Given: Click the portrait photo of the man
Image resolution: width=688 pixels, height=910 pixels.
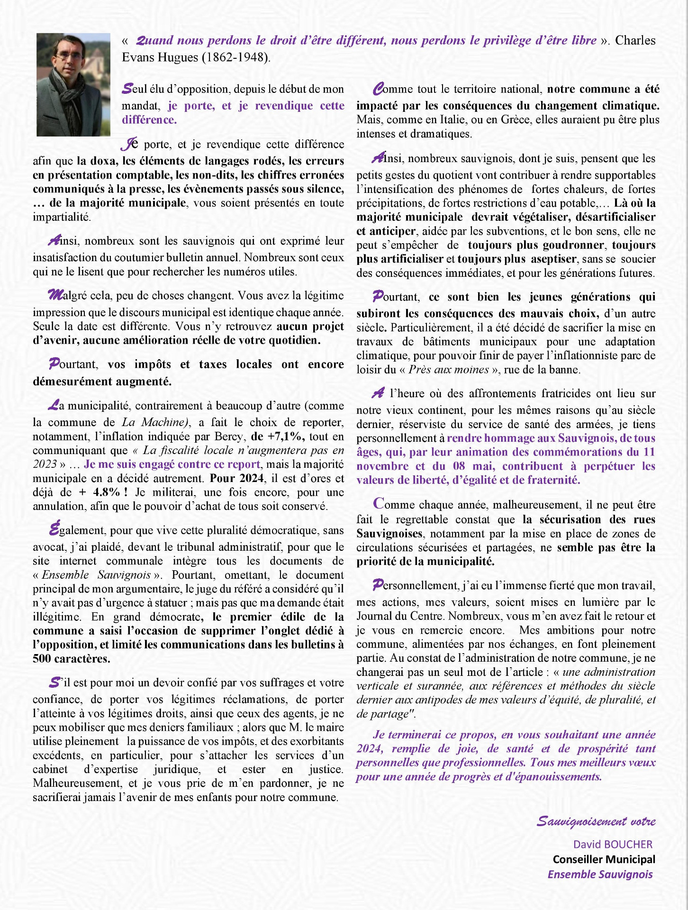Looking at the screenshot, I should pyautogui.click(x=73, y=84).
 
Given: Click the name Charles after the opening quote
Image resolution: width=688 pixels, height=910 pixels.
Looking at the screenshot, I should pyautogui.click(x=635, y=40).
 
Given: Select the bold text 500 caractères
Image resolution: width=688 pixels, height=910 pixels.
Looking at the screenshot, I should pyautogui.click(x=72, y=658).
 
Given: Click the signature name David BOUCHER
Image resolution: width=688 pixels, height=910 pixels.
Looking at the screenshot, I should pyautogui.click(x=613, y=844).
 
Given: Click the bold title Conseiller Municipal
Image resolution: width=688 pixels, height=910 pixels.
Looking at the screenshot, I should pyautogui.click(x=604, y=859).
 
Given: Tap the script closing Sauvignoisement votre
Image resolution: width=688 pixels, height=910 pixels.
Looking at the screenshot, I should pyautogui.click(x=596, y=821).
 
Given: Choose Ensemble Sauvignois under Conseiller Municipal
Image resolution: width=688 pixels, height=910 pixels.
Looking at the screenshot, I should pyautogui.click(x=600, y=874).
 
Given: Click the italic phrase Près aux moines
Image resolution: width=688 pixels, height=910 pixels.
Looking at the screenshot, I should pyautogui.click(x=448, y=370).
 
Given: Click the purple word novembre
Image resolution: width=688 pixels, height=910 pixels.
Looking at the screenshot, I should pyautogui.click(x=382, y=466).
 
